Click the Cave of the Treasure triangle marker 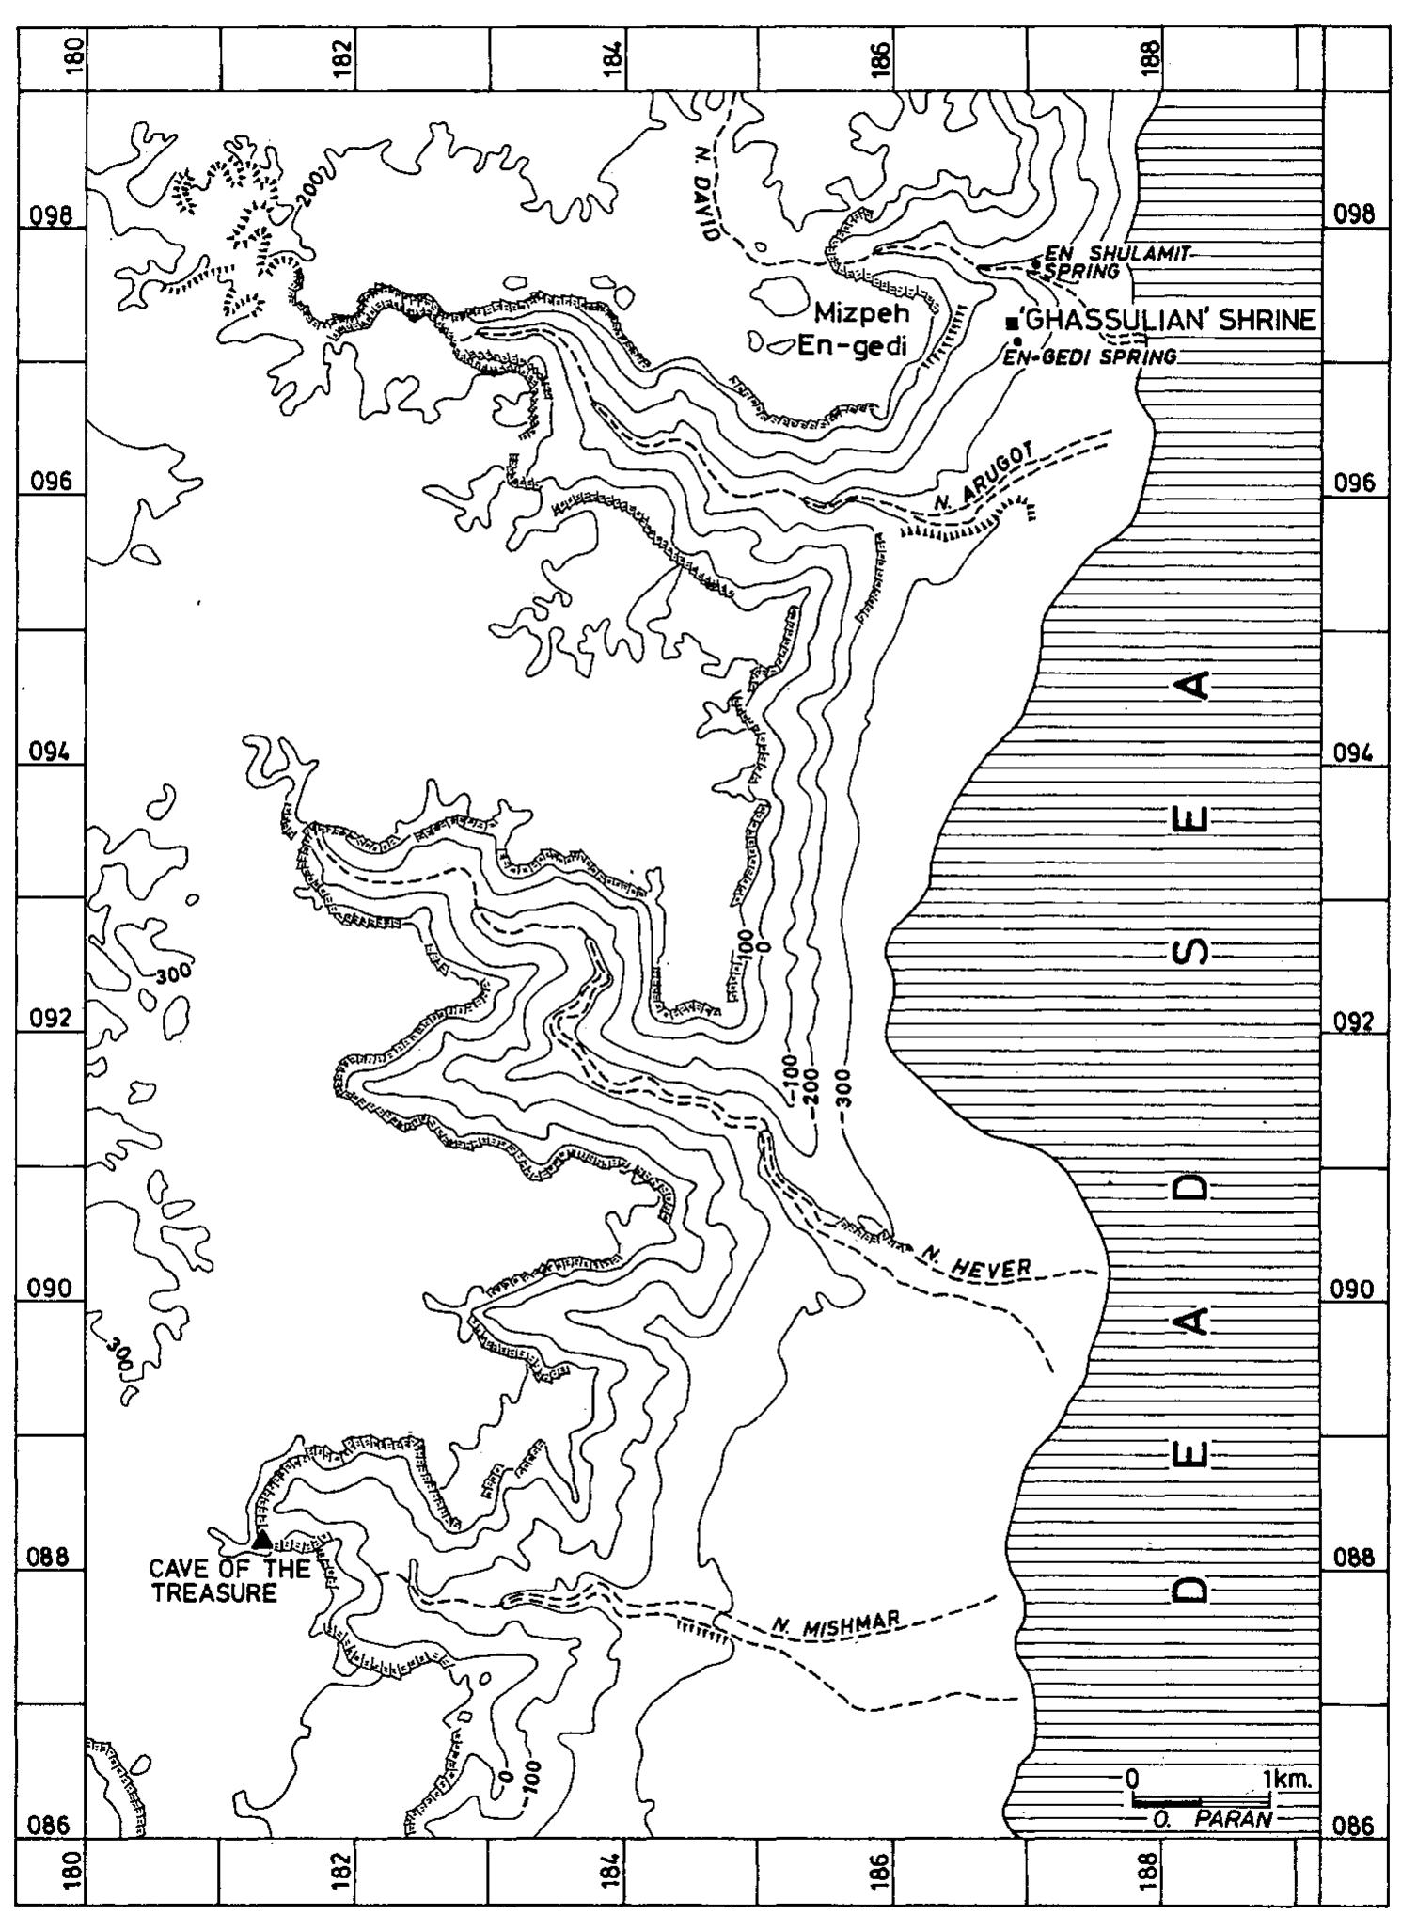click(x=262, y=1539)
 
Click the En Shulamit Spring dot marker click(x=1034, y=263)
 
